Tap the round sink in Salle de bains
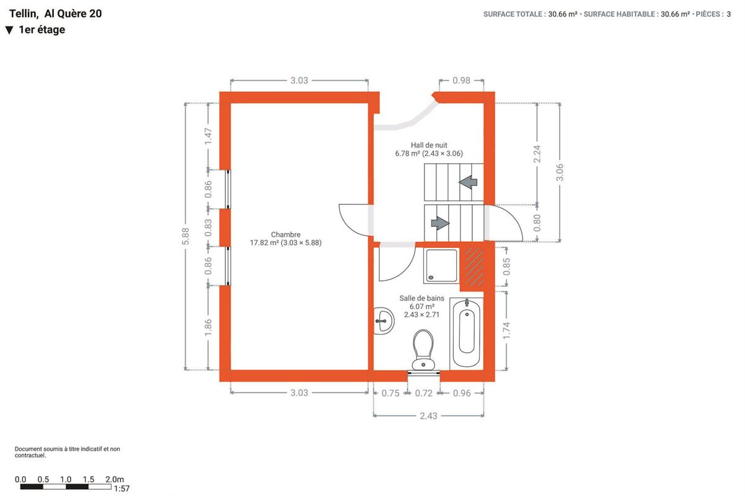384,321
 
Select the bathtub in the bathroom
467,334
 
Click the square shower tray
441,266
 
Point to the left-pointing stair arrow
468,182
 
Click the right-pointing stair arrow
440,223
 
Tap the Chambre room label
286,234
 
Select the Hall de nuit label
429,145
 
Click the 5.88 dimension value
185,236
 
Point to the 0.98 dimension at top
461,81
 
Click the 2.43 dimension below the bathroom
428,416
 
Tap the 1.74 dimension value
506,330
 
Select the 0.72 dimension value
424,393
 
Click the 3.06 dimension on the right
560,172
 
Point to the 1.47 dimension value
208,136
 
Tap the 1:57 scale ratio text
121,489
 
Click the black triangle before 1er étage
9,30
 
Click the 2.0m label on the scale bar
115,479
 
